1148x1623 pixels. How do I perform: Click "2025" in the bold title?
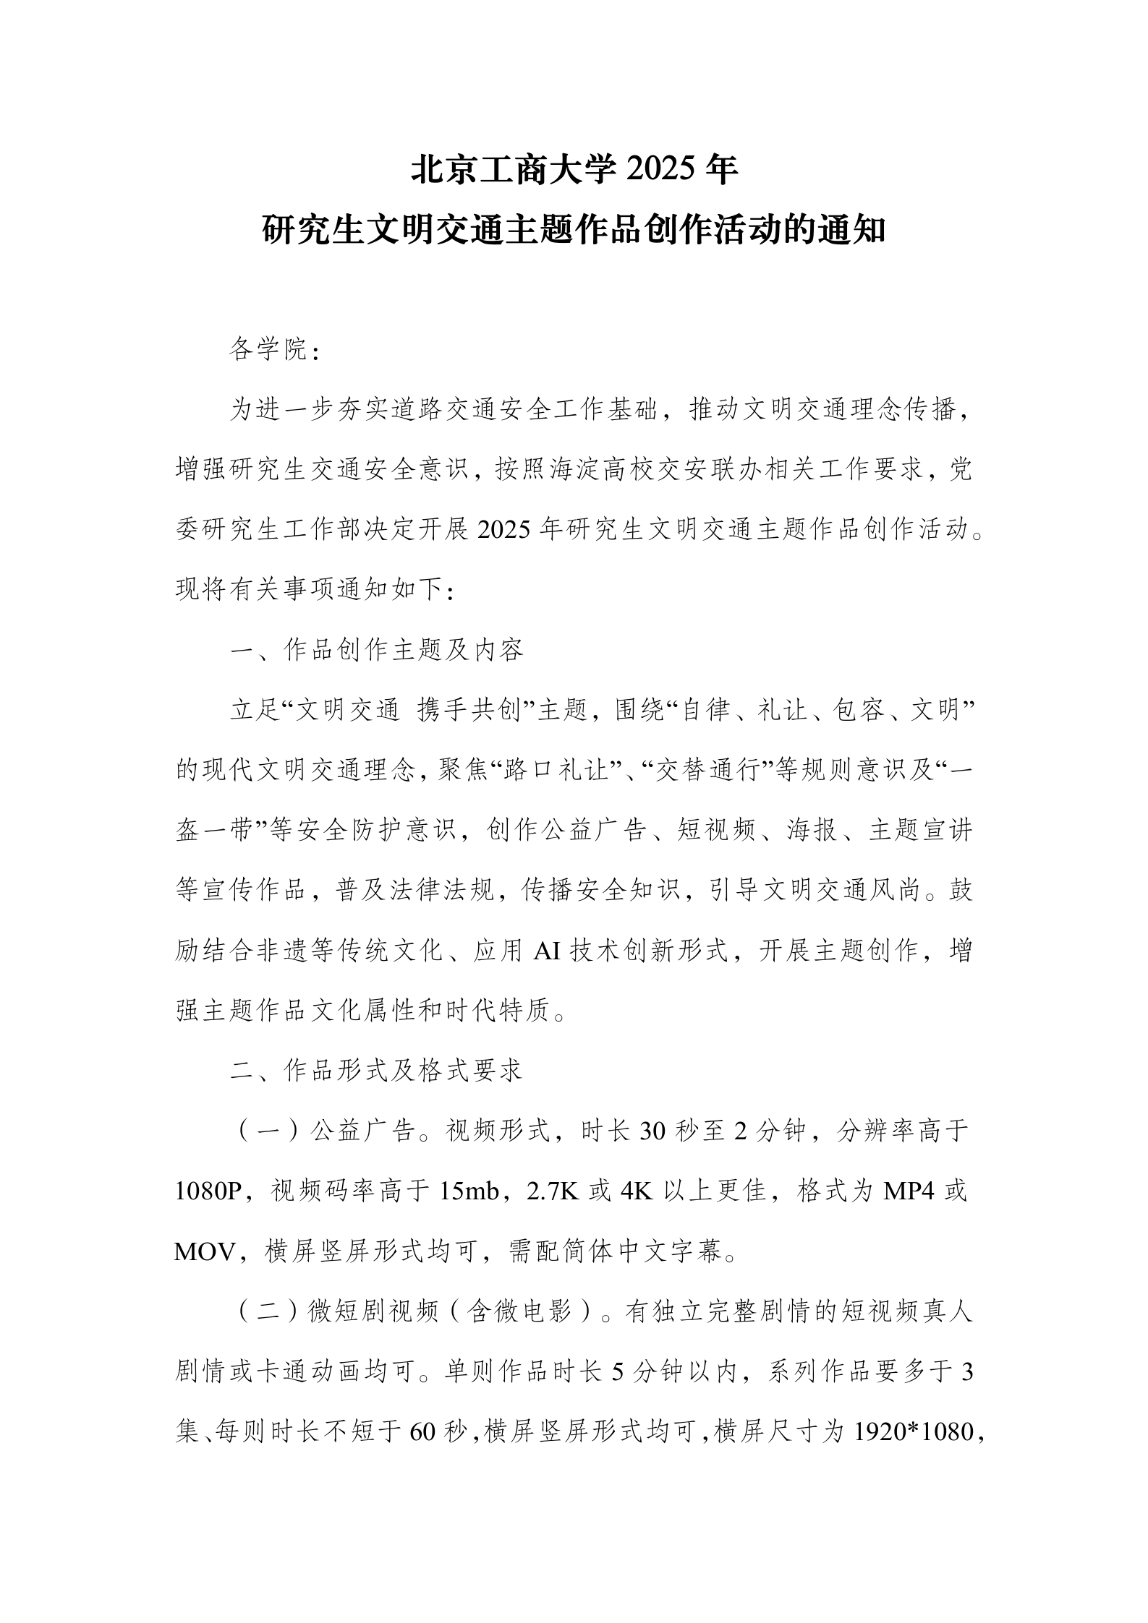[x=658, y=171]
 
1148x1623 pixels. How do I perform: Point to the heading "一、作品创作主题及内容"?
[x=377, y=650]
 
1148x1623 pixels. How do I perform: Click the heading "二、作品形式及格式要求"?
[x=377, y=1070]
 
